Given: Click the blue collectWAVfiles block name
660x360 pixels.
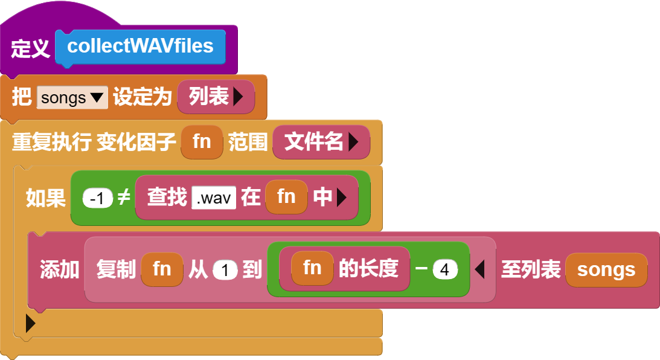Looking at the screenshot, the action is point(140,47).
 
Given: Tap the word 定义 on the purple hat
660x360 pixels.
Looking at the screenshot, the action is point(30,48).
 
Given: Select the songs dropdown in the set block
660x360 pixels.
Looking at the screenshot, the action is point(72,98).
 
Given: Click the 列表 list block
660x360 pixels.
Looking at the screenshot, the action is point(216,97).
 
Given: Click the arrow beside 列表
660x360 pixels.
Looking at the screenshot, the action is point(239,97).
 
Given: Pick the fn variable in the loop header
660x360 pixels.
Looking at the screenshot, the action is point(202,142).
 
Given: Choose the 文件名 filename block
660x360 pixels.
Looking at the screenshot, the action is point(321,142).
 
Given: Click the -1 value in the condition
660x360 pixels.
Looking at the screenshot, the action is point(98,198).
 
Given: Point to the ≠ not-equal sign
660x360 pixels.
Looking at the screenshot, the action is point(124,197).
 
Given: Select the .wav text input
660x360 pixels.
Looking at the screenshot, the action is point(214,198).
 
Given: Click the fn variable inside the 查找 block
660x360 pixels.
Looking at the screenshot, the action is point(286,197).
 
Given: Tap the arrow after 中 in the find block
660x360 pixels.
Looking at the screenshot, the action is point(341,198).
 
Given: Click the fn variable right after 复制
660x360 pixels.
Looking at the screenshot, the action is point(162,269).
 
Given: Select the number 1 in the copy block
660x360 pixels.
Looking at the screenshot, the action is point(225,270).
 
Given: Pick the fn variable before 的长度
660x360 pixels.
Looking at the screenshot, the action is point(312,268).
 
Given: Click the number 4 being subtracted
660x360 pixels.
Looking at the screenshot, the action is point(445,269).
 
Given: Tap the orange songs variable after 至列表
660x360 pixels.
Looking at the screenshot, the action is point(606,270).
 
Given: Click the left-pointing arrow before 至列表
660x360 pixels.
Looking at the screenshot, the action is point(479,269).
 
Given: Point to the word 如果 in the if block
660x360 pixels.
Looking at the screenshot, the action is point(46,198).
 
